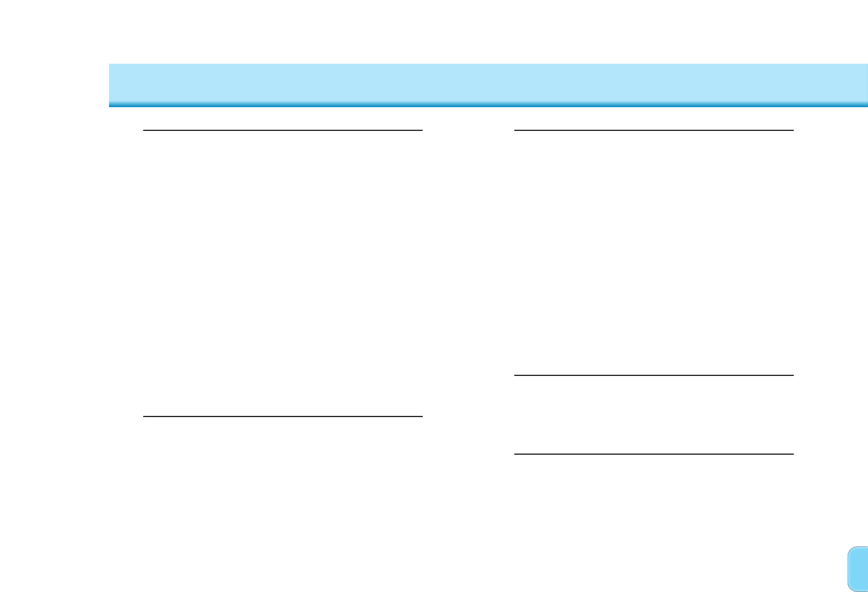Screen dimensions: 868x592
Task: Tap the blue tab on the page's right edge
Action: tap(858, 569)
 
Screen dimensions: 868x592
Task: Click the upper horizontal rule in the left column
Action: tap(283, 130)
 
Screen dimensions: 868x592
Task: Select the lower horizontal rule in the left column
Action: tap(283, 416)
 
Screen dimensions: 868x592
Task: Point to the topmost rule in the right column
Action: tap(654, 130)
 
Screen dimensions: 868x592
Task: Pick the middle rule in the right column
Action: tap(654, 375)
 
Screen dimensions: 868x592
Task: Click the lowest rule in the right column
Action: tap(654, 454)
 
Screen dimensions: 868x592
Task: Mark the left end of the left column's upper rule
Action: tap(144, 130)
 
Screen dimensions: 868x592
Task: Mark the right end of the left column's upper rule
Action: tap(422, 130)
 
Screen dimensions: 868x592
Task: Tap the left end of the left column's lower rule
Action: tap(144, 416)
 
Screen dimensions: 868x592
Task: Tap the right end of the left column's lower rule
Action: tap(422, 416)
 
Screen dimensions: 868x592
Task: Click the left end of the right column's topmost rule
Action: tap(515, 130)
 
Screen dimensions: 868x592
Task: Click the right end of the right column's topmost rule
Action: tap(793, 130)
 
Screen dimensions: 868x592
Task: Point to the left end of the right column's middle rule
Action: tap(515, 375)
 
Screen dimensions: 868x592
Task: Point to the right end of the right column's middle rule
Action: tap(793, 375)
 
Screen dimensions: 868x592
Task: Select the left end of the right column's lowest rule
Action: tap(515, 454)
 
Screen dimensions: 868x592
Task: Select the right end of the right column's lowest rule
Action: tap(793, 454)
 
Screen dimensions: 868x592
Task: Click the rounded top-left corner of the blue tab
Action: tap(850, 549)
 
